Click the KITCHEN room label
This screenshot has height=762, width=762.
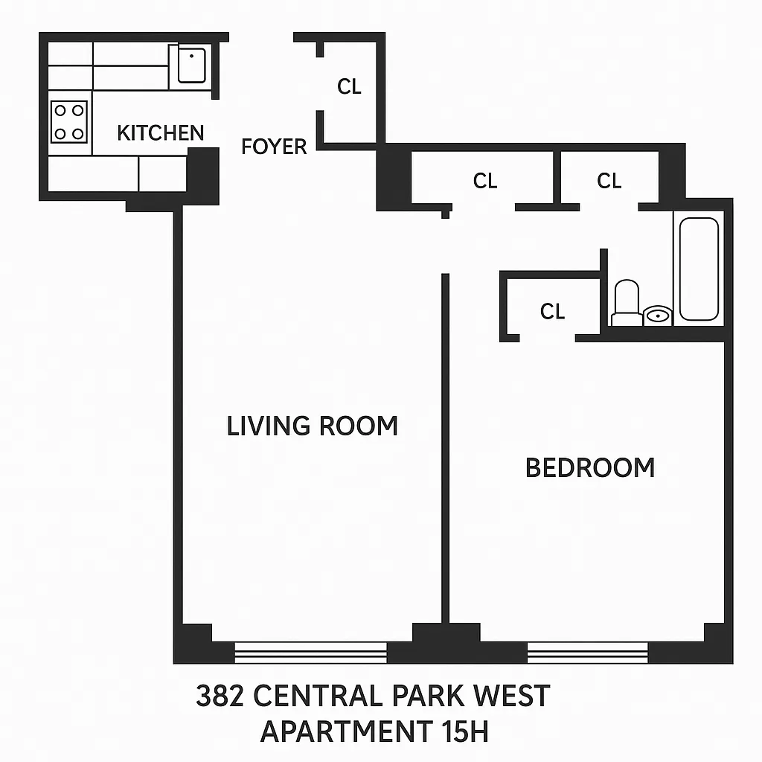coord(160,133)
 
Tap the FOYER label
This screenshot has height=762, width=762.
coord(274,147)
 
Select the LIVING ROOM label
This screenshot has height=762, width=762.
coord(312,426)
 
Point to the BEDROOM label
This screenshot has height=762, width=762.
coord(590,467)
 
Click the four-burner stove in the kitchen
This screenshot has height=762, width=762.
coord(68,122)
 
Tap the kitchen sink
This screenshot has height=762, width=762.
coord(191,65)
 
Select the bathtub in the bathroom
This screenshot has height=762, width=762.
coord(699,268)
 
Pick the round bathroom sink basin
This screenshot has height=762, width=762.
coord(657,316)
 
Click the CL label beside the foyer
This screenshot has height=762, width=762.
coord(349,86)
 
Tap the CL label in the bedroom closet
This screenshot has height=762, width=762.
coord(552,311)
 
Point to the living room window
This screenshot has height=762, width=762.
coord(310,653)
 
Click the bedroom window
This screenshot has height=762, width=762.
coord(588,653)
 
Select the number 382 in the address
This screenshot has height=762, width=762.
coord(220,697)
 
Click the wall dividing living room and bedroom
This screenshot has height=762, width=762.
coord(445,446)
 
